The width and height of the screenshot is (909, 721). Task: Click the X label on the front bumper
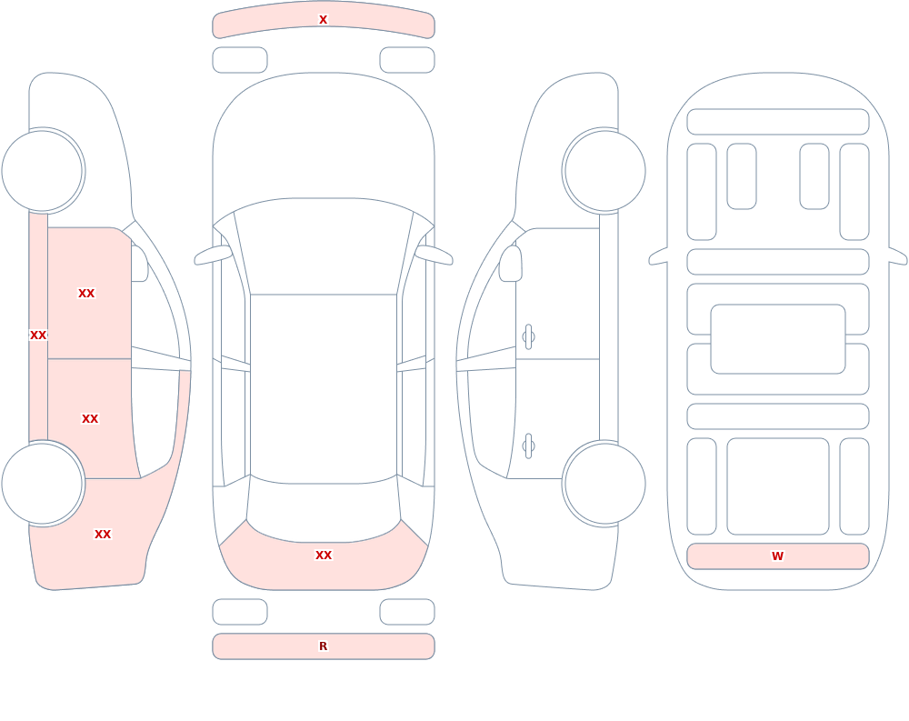click(x=323, y=20)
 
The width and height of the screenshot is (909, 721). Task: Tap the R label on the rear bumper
click(x=323, y=646)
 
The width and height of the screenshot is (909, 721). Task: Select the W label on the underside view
click(x=777, y=556)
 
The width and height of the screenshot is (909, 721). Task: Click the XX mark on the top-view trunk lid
click(x=324, y=556)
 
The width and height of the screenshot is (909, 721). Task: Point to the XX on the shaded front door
click(x=86, y=294)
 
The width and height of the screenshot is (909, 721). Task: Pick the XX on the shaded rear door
click(x=90, y=419)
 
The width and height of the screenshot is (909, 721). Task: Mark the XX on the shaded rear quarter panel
click(x=103, y=535)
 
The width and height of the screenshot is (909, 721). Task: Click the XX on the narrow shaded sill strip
click(x=38, y=335)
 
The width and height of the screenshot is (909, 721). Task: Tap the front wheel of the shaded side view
click(x=42, y=171)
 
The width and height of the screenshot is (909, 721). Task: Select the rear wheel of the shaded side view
click(x=42, y=483)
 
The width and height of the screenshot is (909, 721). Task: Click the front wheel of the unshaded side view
click(x=604, y=171)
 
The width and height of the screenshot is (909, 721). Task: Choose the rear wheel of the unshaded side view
click(x=604, y=483)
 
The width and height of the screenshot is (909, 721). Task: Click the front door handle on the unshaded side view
click(x=528, y=337)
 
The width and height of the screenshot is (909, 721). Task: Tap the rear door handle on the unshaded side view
click(x=528, y=446)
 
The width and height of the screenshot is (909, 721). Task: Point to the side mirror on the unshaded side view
click(x=510, y=264)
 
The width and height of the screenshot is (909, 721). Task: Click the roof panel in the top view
click(x=324, y=388)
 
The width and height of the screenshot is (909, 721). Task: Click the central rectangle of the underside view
click(x=778, y=339)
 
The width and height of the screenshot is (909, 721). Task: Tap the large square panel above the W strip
click(x=778, y=486)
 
